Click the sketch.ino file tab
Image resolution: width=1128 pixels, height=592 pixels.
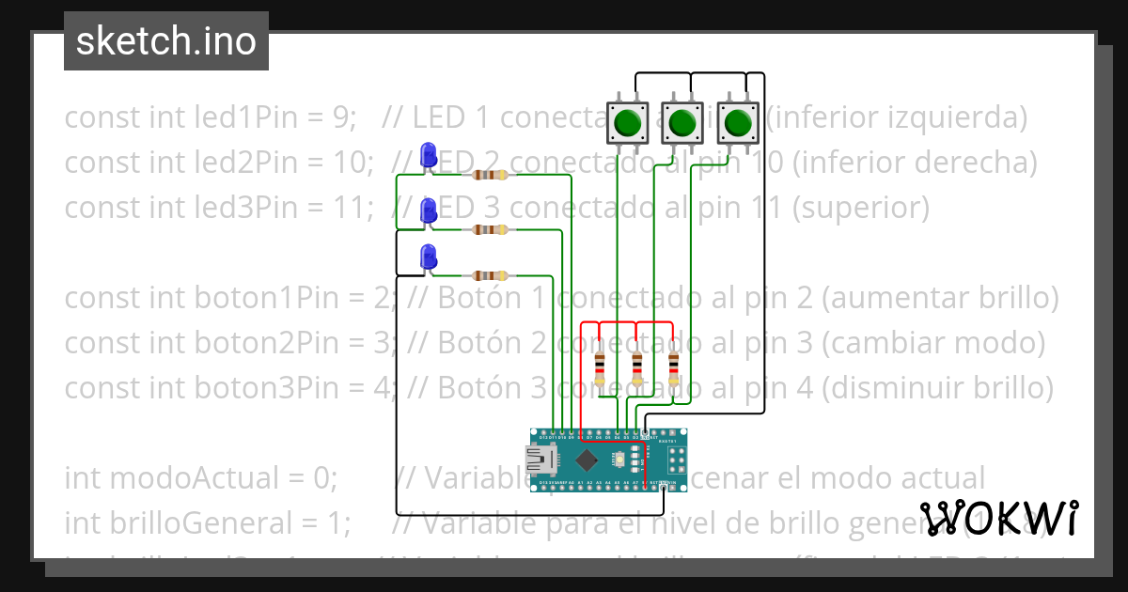tap(166, 41)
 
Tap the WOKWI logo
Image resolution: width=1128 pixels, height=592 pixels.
tap(999, 518)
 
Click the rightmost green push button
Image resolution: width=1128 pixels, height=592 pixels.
tap(738, 122)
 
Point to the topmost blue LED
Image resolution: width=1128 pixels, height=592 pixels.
tap(429, 154)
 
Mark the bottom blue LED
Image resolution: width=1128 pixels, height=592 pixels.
tap(429, 257)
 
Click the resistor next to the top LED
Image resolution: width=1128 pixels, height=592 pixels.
tap(489, 175)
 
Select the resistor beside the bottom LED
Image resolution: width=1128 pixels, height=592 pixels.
tap(489, 275)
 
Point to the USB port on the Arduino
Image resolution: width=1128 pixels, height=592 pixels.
tap(543, 460)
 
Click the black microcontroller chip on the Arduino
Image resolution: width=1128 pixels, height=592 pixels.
tap(588, 460)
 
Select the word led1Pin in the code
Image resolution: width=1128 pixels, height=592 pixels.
tap(204, 117)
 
